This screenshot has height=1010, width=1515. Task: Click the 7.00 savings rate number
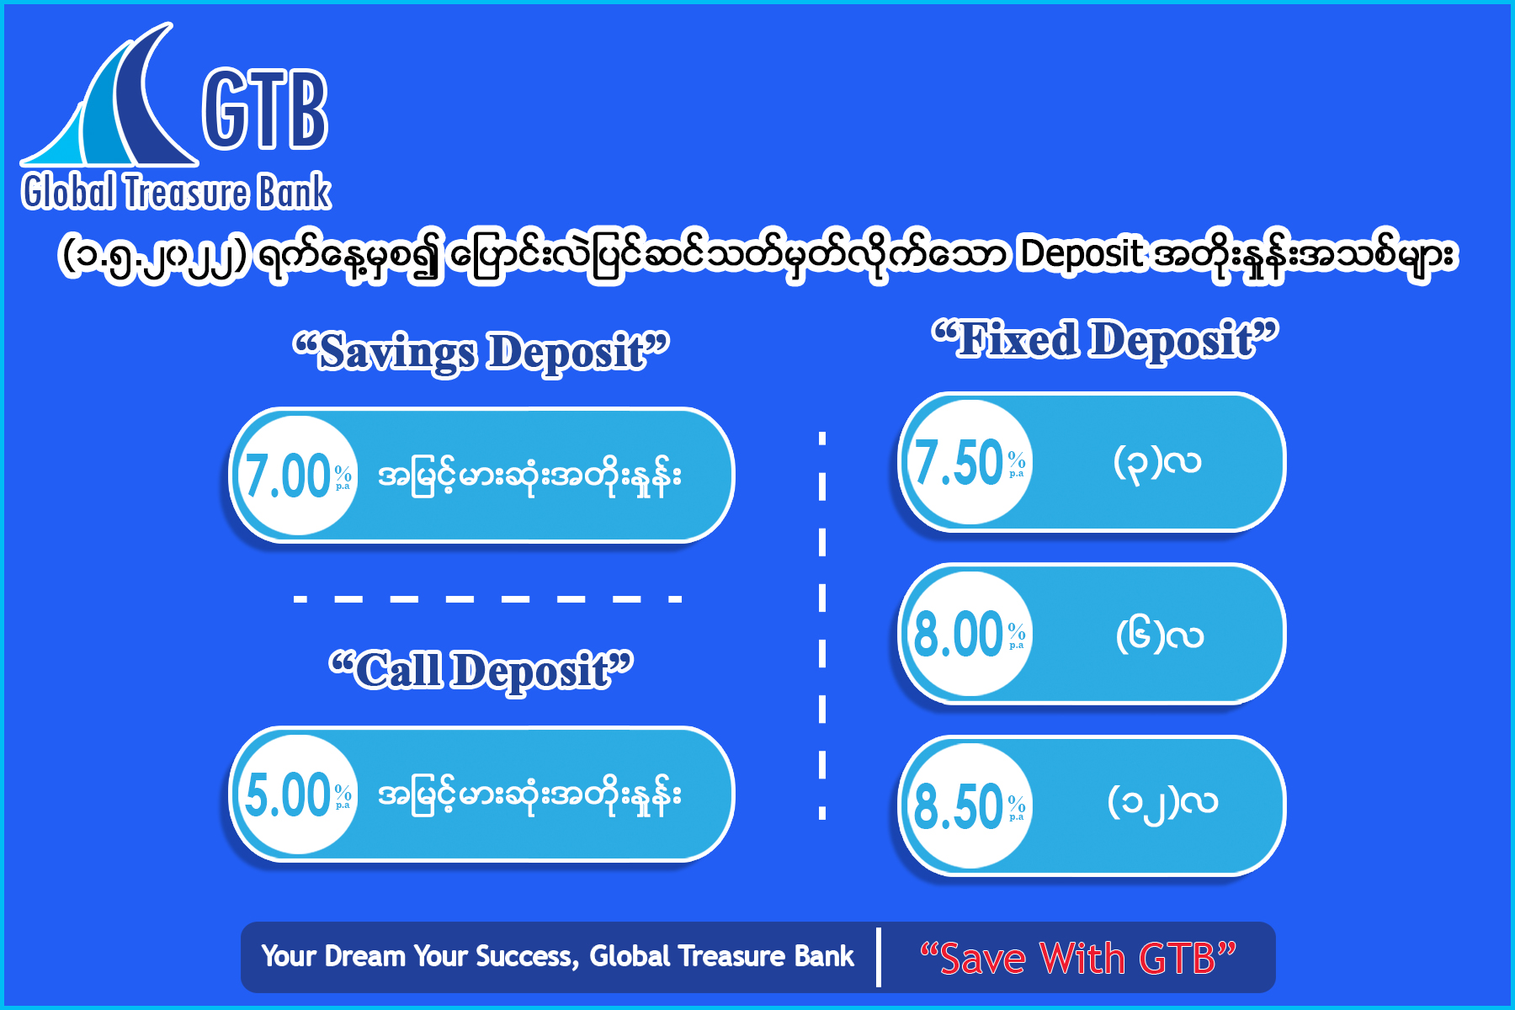pyautogui.click(x=287, y=476)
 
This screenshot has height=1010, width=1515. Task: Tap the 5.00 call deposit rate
pyautogui.click(x=287, y=795)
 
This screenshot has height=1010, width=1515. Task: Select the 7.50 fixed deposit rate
pyautogui.click(x=959, y=463)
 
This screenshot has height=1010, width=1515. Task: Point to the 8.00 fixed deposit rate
pyautogui.click(x=959, y=634)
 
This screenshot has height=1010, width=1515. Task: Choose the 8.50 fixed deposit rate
pyautogui.click(x=959, y=806)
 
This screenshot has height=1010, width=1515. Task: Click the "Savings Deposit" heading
pyautogui.click(x=481, y=352)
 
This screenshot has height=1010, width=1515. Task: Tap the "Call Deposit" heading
pyautogui.click(x=481, y=671)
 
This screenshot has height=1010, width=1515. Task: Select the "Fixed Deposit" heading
pyautogui.click(x=1105, y=340)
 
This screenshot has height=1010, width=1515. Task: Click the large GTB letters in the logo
pyautogui.click(x=265, y=109)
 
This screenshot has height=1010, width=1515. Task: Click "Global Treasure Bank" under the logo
pyautogui.click(x=176, y=192)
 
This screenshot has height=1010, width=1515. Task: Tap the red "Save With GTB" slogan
pyautogui.click(x=1077, y=958)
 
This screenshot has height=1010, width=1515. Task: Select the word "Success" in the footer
pyautogui.click(x=526, y=956)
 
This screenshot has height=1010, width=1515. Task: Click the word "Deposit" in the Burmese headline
pyautogui.click(x=1081, y=254)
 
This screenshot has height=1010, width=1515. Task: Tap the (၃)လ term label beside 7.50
pyautogui.click(x=1157, y=462)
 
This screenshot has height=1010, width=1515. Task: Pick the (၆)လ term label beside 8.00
pyautogui.click(x=1160, y=635)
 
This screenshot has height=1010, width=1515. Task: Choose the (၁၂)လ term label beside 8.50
pyautogui.click(x=1162, y=803)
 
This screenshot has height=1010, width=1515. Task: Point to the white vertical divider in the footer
pyautogui.click(x=879, y=957)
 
